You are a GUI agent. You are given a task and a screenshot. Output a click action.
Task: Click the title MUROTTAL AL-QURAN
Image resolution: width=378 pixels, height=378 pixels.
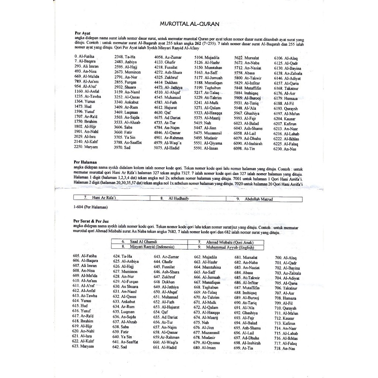(x=189, y=24)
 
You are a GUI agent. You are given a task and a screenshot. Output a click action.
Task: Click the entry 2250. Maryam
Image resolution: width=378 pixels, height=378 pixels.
(x=86, y=147)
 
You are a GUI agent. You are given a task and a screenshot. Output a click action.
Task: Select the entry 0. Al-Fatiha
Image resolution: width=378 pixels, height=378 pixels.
(x=84, y=56)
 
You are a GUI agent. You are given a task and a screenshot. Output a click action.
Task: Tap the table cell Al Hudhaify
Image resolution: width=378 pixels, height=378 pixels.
(x=179, y=199)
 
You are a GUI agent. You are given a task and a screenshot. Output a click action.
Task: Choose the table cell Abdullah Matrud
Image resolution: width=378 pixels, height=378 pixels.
(x=258, y=199)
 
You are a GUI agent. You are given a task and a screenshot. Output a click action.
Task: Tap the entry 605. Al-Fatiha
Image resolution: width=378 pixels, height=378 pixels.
(x=85, y=255)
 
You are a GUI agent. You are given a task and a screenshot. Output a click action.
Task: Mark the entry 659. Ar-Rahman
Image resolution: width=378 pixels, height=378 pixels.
(x=166, y=337)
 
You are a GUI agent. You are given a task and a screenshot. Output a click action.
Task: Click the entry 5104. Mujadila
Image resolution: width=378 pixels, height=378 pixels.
(x=207, y=58)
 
